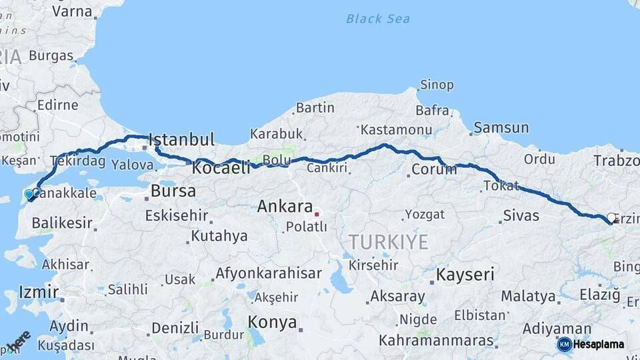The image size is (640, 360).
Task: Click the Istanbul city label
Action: pyautogui.click(x=182, y=140)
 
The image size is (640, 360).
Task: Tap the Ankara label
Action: pyautogui.click(x=285, y=207)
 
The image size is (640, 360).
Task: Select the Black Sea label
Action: pyautogui.click(x=377, y=19)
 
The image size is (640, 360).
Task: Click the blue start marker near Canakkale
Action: pyautogui.click(x=29, y=194)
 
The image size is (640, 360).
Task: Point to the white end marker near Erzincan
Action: pyautogui.click(x=611, y=217)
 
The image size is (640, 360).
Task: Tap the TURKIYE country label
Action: pyautogui.click(x=387, y=242)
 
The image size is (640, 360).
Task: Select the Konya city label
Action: pyautogui.click(x=272, y=323)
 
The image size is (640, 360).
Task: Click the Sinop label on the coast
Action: pyautogui.click(x=437, y=85)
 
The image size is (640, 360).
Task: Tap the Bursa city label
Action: pyautogui.click(x=173, y=191)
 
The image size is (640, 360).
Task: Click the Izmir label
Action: pyautogui.click(x=31, y=292)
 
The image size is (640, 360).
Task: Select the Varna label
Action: pyautogui.click(x=72, y=11)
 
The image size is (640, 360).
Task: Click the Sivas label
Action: pyautogui.click(x=521, y=216)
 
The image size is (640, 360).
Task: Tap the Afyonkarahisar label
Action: pyautogui.click(x=268, y=273)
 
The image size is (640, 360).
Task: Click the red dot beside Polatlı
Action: pyautogui.click(x=317, y=215)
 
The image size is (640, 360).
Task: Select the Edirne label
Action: pyautogui.click(x=57, y=105)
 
